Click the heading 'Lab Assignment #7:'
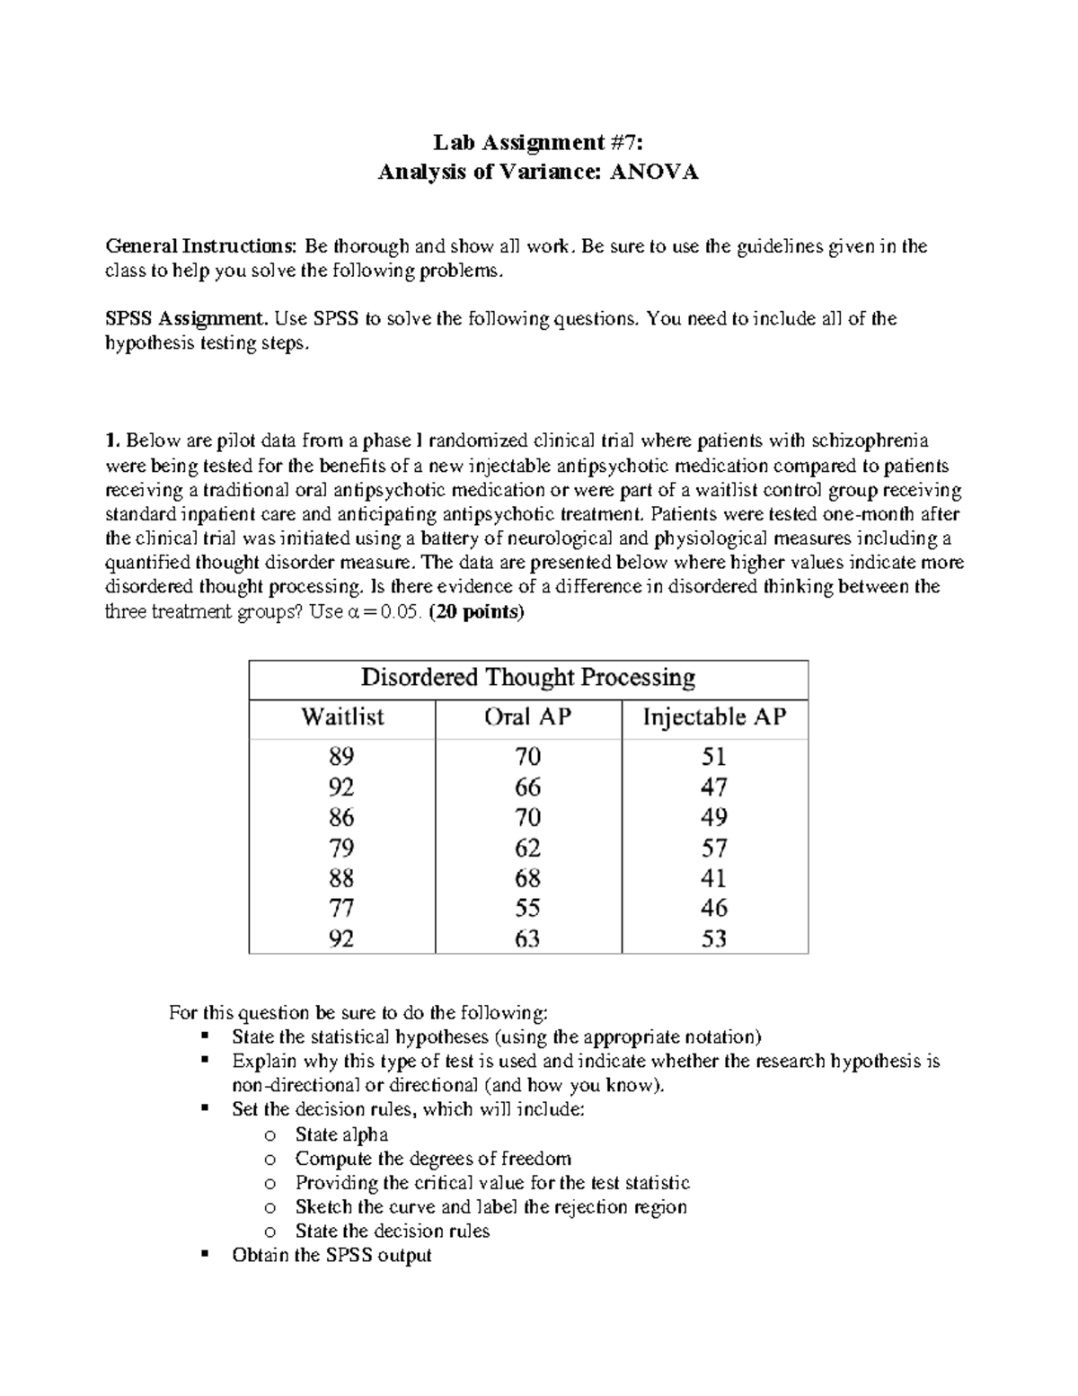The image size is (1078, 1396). point(538,142)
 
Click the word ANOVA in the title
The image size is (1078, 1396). point(652,172)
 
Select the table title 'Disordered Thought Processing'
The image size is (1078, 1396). point(528,677)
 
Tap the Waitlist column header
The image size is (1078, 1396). point(342,717)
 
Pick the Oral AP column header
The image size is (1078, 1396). point(527,717)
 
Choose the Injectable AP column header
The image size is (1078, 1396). point(714,717)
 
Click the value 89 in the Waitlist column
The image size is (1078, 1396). point(341,756)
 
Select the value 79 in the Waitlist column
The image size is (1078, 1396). point(341,848)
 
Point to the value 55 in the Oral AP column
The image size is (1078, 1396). point(527,908)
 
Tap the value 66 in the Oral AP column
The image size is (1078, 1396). point(527,787)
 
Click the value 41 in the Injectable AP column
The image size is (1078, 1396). point(714,877)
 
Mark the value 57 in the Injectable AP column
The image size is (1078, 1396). point(714,848)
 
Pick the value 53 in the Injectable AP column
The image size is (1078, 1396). point(714,938)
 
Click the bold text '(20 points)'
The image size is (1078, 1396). point(476,612)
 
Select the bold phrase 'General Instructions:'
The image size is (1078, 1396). point(201,246)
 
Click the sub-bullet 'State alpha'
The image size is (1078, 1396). point(341,1134)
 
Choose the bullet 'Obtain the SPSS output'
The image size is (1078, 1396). point(331,1255)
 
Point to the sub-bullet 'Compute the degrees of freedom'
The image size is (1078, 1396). point(433,1159)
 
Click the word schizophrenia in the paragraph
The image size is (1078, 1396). point(870,440)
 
